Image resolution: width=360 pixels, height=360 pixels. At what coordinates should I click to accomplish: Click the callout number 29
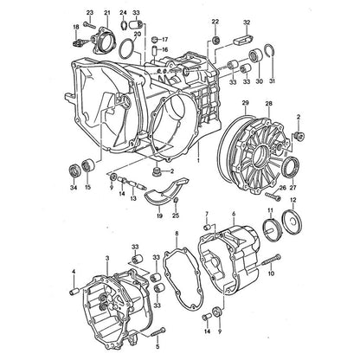pyautogui.click(x=246, y=103)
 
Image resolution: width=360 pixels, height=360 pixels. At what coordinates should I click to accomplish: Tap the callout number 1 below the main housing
pyautogui.click(x=198, y=159)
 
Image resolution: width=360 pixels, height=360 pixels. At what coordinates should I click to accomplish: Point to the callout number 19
pyautogui.click(x=159, y=215)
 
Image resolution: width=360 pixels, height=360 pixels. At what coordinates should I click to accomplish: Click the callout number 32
pyautogui.click(x=247, y=22)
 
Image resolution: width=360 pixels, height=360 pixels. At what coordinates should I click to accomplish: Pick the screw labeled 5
pyautogui.click(x=157, y=331)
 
